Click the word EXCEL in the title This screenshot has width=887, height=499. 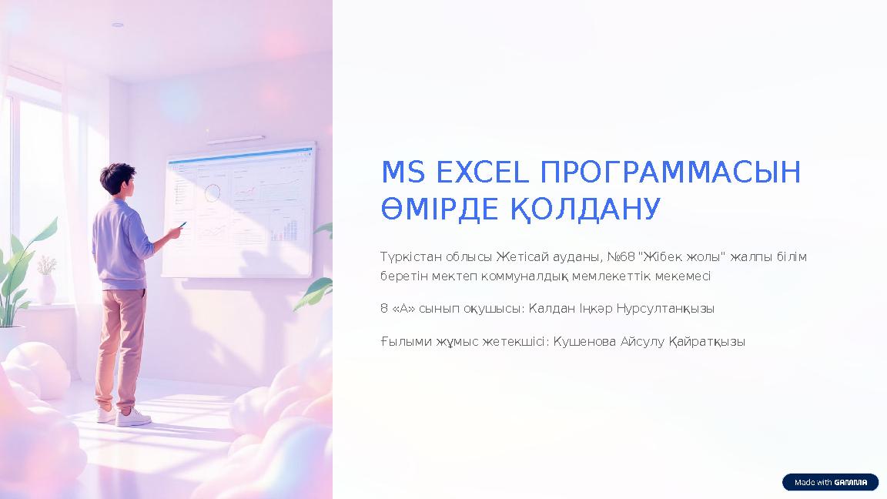point(483,172)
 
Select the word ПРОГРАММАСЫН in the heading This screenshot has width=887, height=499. point(671,172)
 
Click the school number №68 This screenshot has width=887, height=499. point(621,257)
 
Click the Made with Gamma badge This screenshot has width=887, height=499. point(831,482)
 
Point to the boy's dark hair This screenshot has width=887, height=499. point(117,176)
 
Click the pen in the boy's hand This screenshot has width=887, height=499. point(182,225)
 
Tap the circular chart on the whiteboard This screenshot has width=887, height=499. point(213,193)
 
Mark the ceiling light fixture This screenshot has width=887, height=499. point(118,25)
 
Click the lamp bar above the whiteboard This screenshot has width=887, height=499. point(236,139)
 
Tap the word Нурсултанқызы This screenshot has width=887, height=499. point(665,309)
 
